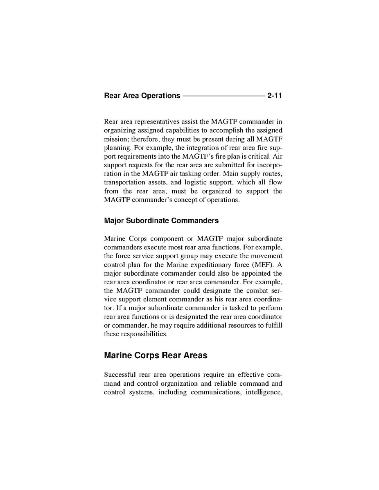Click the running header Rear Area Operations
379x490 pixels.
142,96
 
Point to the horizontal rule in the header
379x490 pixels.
223,96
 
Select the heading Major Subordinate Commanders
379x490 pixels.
161,221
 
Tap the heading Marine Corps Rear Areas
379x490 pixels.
156,355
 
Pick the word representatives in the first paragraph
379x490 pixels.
156,121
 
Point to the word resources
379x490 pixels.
241,325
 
